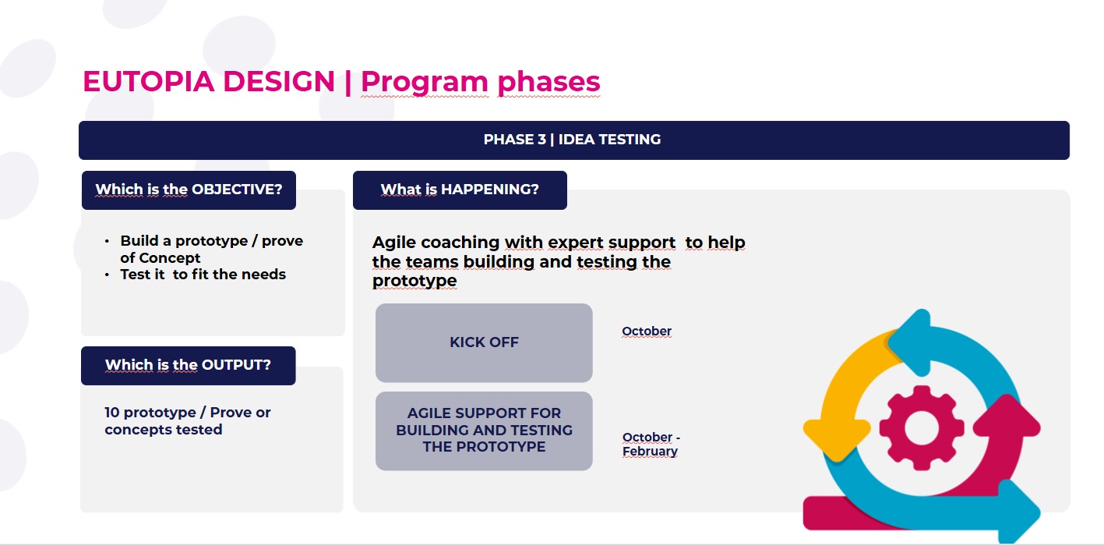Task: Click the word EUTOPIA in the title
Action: click(x=148, y=81)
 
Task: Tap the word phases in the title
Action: click(x=548, y=83)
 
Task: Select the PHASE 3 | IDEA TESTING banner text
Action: click(x=572, y=140)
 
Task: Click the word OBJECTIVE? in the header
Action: click(x=237, y=190)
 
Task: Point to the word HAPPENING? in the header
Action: click(x=490, y=190)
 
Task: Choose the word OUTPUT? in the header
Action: click(x=237, y=364)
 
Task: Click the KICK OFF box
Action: click(x=484, y=342)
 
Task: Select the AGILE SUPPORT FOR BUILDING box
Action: click(x=484, y=431)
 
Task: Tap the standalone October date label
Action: click(x=647, y=331)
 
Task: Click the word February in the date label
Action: click(x=650, y=452)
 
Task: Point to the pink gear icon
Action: click(x=922, y=427)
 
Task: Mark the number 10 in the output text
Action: click(x=112, y=413)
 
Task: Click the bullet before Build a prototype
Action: click(x=107, y=242)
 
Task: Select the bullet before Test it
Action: click(x=107, y=275)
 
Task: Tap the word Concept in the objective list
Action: click(x=170, y=258)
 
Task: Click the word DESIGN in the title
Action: click(x=279, y=81)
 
